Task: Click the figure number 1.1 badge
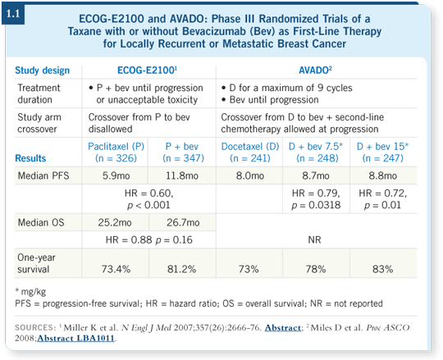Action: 13,14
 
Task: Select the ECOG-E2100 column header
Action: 147,71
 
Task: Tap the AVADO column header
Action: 315,71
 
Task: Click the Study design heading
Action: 42,71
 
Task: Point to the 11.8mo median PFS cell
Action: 182,175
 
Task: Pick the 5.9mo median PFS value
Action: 116,175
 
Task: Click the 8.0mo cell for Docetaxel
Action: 250,175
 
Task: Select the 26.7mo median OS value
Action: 183,222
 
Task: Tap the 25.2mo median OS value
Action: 115,222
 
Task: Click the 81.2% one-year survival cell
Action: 181,269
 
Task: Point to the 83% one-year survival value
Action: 382,269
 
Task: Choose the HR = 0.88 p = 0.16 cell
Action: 148,239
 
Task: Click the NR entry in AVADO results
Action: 314,239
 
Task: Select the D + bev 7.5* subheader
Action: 316,153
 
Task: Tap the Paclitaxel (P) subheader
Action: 116,153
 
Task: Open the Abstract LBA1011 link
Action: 75,338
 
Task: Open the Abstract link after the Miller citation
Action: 282,327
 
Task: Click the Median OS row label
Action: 41,222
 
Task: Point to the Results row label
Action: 30,158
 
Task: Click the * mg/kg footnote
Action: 30,291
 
